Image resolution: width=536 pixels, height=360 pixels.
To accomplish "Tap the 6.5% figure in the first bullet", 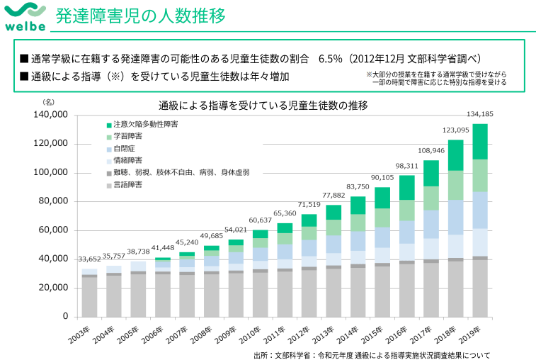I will click(x=331, y=58).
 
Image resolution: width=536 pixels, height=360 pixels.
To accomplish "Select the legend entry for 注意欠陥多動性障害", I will click(x=141, y=124).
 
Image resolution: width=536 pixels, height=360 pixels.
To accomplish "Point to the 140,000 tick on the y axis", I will click(x=51, y=115).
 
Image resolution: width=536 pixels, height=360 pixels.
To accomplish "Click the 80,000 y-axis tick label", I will click(x=54, y=201).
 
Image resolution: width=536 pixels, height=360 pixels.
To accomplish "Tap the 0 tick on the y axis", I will click(x=64, y=316).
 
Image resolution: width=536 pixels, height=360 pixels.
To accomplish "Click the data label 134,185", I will click(x=480, y=114).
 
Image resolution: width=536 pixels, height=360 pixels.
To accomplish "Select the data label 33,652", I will click(x=90, y=260).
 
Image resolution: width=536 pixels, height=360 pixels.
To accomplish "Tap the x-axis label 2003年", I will click(x=84, y=332).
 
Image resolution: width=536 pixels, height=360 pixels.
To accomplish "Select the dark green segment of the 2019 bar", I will click(x=480, y=142).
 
